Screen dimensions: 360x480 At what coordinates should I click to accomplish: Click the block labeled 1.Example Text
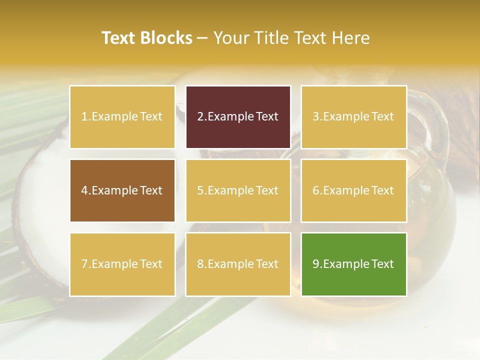tap(122, 117)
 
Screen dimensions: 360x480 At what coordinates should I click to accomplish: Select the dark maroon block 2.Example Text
tap(238, 117)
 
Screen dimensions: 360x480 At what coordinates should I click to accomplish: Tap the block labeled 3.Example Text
tap(353, 117)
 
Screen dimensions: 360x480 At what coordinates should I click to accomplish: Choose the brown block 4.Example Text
tap(122, 190)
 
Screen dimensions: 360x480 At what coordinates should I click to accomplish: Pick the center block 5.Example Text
tap(238, 190)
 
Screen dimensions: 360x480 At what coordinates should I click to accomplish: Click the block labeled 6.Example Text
tap(353, 190)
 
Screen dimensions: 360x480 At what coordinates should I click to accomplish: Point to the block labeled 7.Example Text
tap(122, 264)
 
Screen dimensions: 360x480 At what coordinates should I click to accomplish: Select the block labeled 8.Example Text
tap(238, 264)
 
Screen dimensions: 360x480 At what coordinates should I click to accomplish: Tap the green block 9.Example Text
tap(353, 264)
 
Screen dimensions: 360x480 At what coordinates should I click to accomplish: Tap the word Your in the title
tap(229, 38)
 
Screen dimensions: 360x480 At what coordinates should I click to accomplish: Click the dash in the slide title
tap(202, 38)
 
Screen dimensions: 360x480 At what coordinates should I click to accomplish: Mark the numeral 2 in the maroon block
tap(200, 117)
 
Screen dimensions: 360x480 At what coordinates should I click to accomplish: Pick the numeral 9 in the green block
tap(316, 264)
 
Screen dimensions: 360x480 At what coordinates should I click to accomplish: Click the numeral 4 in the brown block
tap(84, 190)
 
